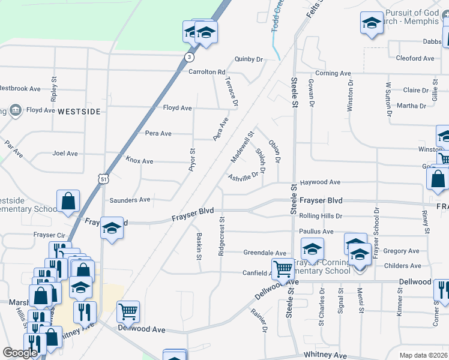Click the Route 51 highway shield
104,179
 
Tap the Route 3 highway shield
190,57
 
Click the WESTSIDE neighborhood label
79,112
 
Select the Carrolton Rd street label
206,72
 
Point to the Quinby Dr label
249,59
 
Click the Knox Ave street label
139,161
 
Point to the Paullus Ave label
319,232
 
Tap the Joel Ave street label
65,154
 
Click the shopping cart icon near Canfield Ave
282,268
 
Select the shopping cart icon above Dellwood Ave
128,311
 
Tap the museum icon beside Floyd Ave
15,110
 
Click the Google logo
20,352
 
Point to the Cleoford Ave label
415,59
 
